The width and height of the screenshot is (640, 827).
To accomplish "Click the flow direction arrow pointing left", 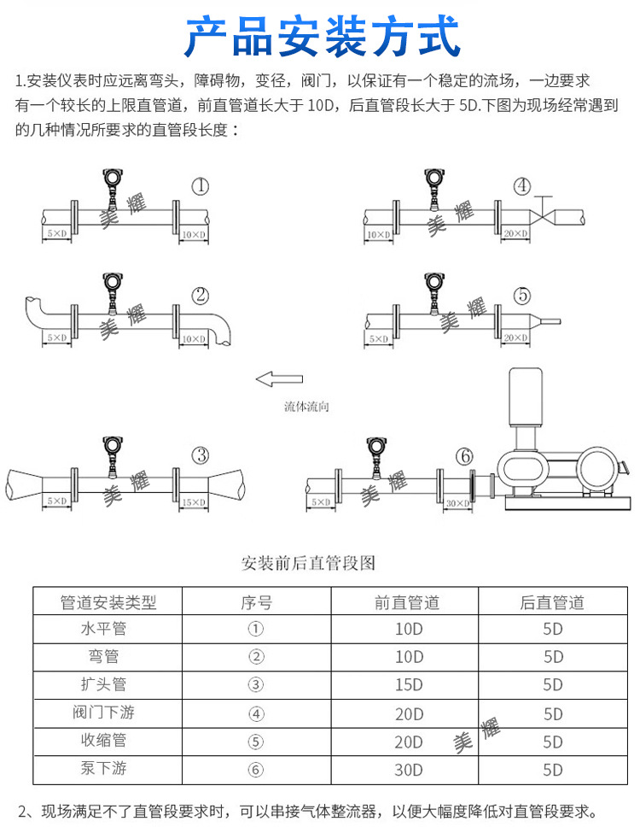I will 280,378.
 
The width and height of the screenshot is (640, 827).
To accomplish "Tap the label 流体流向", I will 306,407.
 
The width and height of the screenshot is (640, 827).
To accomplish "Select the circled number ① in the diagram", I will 200,185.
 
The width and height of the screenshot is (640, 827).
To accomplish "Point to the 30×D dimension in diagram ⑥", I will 458,503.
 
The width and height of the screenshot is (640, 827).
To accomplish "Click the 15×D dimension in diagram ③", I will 194,501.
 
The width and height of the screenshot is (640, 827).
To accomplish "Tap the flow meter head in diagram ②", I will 110,282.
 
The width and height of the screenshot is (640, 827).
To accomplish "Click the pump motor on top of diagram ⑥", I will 527,397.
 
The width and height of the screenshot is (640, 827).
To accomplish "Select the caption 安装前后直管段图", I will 309,563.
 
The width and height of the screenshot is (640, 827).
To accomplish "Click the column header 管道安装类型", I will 108,602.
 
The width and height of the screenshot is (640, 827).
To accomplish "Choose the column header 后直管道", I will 552,602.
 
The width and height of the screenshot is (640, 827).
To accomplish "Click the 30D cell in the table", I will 409,770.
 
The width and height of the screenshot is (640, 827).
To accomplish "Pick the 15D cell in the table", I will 409,685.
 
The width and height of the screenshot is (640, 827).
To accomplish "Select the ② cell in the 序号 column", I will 256,657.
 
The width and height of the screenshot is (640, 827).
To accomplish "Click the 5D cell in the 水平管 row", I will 553,630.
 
